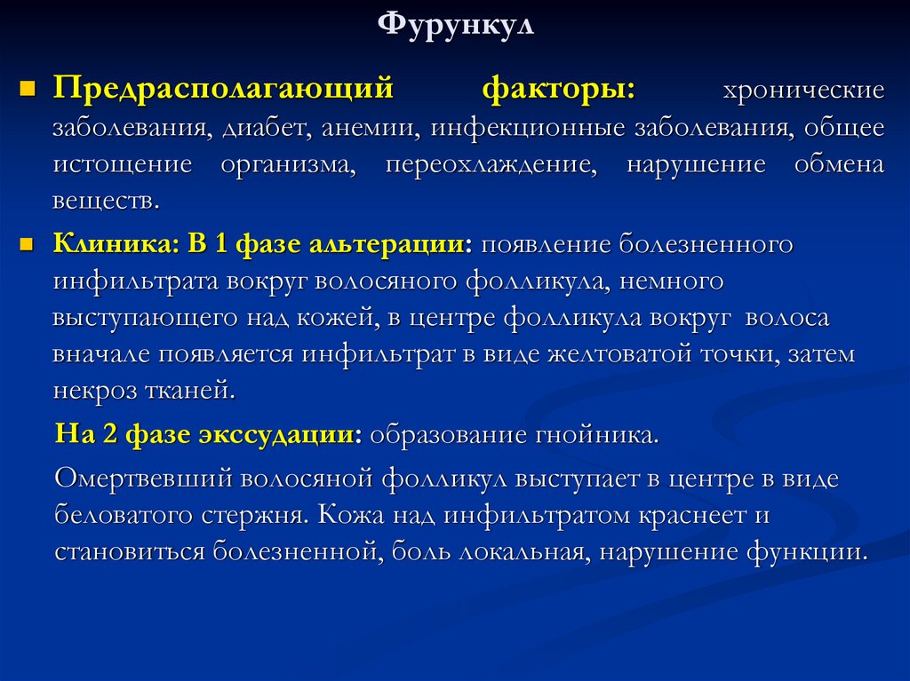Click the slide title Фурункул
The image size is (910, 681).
point(455,25)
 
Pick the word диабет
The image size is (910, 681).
point(260,128)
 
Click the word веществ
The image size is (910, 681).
point(106,201)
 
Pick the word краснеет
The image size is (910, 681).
point(667,515)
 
